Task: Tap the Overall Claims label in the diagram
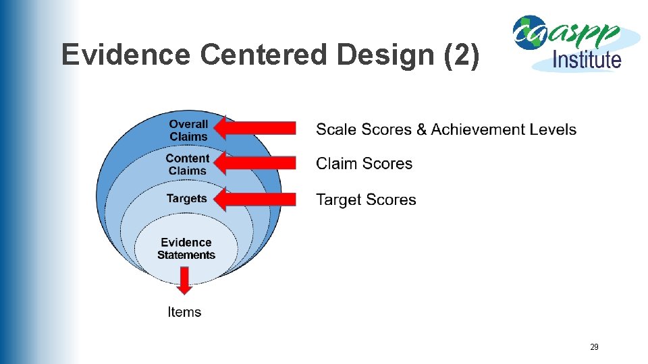(188, 130)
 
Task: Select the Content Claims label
(187, 164)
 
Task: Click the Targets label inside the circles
(186, 199)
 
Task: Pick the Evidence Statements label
(186, 249)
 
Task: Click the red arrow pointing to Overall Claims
(259, 128)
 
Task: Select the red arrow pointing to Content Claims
(259, 162)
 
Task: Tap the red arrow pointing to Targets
(259, 199)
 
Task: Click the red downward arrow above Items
(184, 280)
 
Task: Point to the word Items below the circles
(184, 311)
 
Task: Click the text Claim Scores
(364, 164)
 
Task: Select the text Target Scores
(366, 200)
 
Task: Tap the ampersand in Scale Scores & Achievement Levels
(422, 129)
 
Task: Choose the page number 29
(594, 347)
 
